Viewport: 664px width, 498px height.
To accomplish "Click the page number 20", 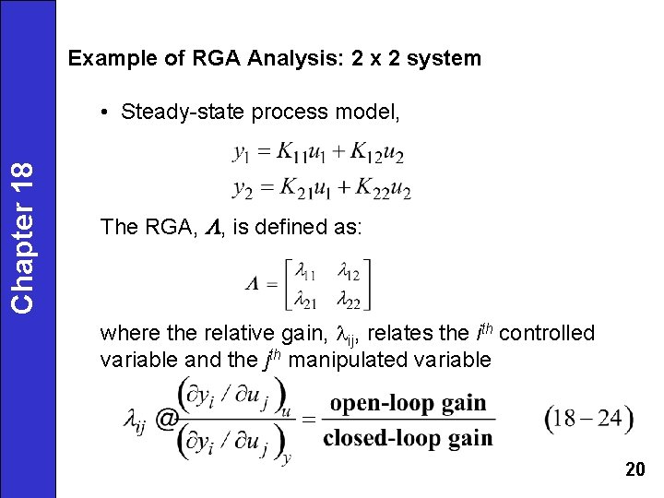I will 634,470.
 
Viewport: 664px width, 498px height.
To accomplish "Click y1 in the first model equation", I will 245,151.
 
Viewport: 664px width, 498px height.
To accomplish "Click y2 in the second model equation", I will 243,189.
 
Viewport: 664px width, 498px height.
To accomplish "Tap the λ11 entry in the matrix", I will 305,273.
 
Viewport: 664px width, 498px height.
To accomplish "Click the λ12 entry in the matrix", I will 349,273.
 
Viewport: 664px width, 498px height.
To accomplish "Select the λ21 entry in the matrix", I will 305,300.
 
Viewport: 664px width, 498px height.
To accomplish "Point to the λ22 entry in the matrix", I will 349,300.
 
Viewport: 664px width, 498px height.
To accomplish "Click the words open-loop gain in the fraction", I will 408,403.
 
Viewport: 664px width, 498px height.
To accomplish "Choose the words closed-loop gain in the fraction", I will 408,438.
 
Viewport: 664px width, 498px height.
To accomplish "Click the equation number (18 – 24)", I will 589,419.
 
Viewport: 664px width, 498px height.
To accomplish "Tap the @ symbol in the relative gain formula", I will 167,420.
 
